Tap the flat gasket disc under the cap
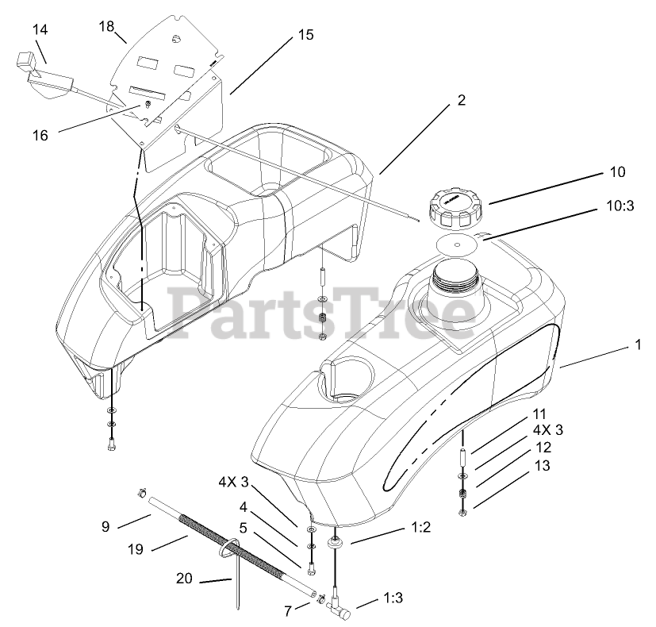tap(456, 243)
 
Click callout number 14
tap(40, 30)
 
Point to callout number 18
tap(107, 26)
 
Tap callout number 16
tap(40, 136)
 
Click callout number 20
tap(184, 579)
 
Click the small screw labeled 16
tap(147, 105)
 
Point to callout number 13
tap(541, 467)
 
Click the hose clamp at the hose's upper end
tap(141, 494)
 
